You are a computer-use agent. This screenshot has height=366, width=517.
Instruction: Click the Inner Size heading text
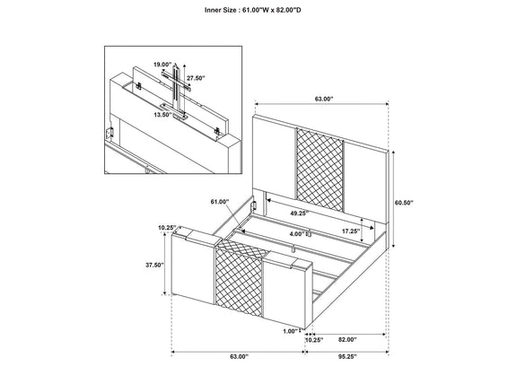252,10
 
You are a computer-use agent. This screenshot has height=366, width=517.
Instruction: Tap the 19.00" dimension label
162,65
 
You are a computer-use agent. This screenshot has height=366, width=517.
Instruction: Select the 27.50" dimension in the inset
196,78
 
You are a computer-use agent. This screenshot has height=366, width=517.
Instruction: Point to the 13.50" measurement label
162,115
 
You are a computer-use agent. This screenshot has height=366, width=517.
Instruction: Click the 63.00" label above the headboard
324,99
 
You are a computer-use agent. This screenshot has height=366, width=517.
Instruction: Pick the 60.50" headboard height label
404,203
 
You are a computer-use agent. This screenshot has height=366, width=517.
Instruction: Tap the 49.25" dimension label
300,213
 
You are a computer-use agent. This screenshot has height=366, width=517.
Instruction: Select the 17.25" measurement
351,231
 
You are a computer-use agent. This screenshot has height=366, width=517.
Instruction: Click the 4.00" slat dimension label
297,234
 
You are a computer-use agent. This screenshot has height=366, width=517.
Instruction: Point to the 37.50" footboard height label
154,265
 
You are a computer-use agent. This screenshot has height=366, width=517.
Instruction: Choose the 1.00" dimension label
291,331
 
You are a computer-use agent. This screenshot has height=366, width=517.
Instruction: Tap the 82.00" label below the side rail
347,340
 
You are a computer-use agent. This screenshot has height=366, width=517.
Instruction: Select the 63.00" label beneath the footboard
239,356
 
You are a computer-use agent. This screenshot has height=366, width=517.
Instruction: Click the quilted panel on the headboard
320,169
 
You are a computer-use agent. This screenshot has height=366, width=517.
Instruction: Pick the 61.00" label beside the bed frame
220,202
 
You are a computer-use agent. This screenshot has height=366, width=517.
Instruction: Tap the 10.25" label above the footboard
167,228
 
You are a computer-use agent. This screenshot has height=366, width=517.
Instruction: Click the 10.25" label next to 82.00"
314,340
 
